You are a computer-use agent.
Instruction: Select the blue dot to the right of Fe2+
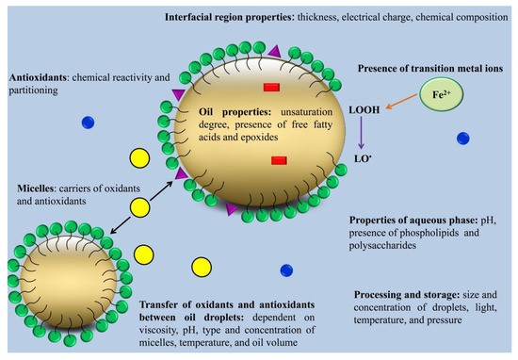[x=462, y=139]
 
